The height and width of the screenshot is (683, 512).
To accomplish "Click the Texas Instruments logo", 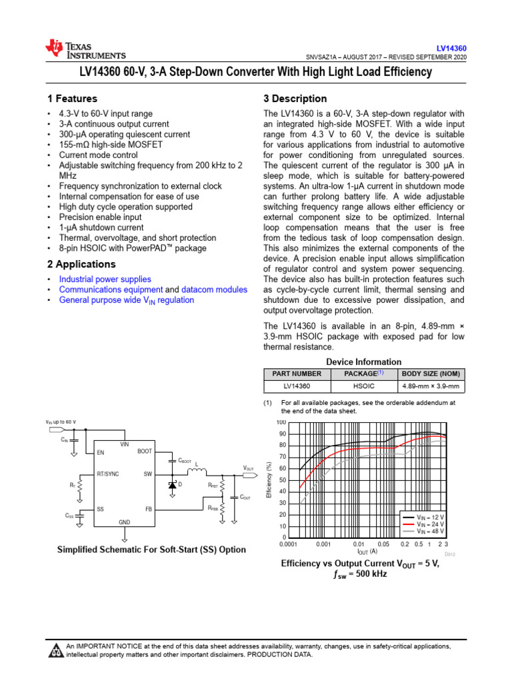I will point(85,49).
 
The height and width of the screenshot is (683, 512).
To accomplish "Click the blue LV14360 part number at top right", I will point(451,49).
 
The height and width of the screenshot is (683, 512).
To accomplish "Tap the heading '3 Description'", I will point(295,98).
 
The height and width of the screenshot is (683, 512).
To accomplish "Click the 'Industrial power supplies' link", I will point(105,279).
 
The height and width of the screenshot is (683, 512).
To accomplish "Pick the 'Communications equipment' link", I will point(111,290).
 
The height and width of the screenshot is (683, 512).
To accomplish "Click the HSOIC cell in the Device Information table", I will point(363,386).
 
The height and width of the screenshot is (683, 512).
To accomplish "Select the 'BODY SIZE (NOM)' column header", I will point(430,374).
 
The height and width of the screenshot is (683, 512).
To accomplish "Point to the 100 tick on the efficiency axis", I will point(281,423).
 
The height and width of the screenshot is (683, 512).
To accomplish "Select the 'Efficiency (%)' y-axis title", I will point(269,480).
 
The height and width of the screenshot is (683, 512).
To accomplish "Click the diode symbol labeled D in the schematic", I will point(173,484).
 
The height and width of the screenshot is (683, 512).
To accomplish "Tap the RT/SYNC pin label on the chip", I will point(108,474).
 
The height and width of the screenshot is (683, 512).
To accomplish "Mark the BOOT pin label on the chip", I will point(145,452).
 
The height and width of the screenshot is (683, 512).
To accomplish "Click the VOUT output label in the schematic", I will point(248,468).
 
